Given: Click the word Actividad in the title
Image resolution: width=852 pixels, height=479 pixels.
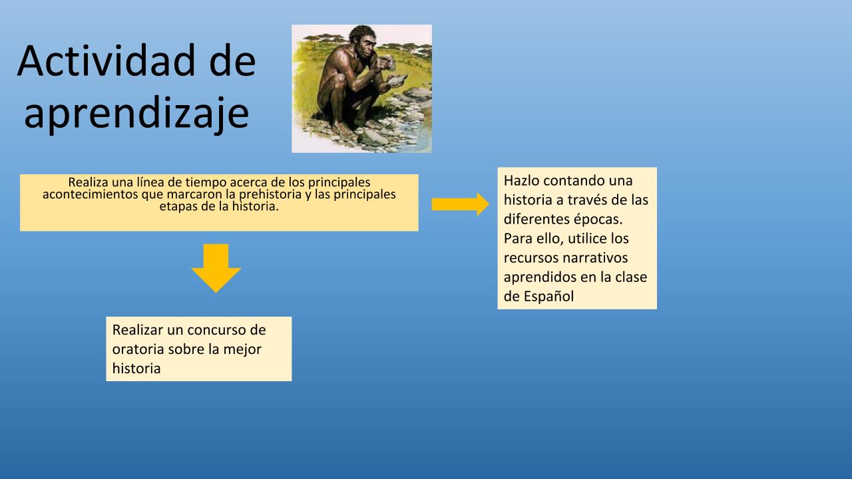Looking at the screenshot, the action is tap(106, 61).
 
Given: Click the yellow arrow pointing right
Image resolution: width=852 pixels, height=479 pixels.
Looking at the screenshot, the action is tap(460, 204).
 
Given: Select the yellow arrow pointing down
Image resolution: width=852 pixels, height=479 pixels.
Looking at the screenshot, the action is tap(216, 268).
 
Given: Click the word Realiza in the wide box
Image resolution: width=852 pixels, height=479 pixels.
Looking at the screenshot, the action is tap(89, 182).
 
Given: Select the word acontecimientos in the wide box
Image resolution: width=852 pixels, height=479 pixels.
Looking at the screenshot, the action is tap(91, 194).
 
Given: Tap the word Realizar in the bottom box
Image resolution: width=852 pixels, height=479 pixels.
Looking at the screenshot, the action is tap(138, 329).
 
